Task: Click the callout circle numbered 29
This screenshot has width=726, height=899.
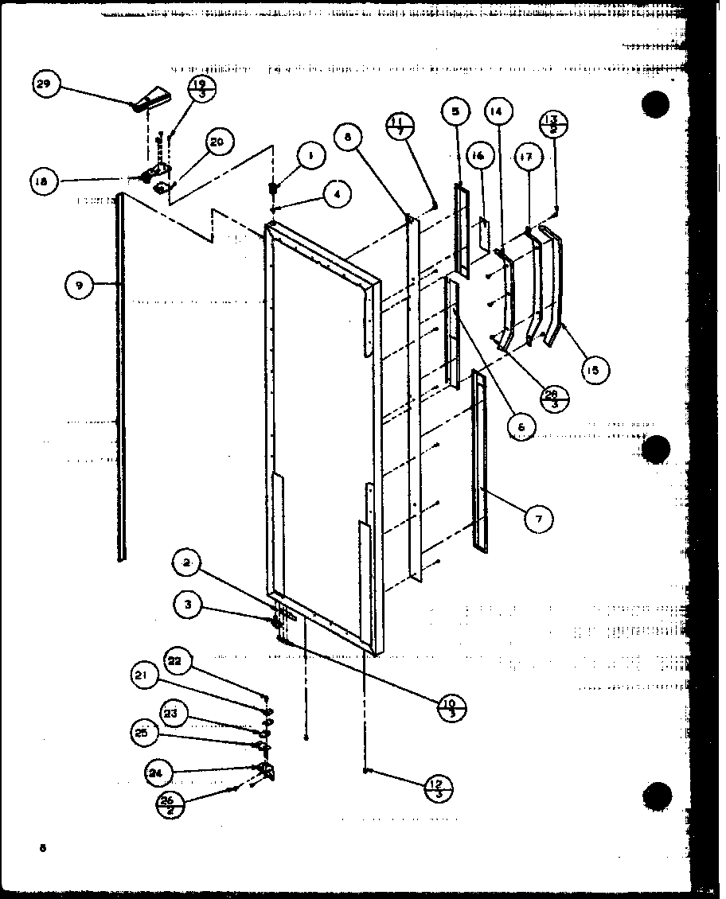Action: coord(48,84)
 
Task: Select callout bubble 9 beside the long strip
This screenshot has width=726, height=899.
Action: coord(80,284)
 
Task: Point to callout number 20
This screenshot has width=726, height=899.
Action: coord(217,142)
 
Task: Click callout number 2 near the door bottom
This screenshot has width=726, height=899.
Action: coord(185,563)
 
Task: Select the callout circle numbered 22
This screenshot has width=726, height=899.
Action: coord(176,661)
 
